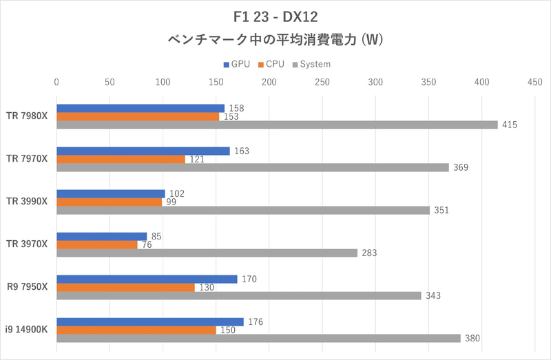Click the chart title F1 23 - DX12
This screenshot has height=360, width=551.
[275, 16]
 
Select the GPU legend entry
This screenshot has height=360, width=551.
[236, 64]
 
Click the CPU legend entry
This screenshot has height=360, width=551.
[271, 64]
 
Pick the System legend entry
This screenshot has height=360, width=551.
[311, 64]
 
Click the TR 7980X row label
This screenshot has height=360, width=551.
[27, 116]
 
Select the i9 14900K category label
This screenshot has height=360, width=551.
[28, 330]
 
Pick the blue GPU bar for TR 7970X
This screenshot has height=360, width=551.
[143, 151]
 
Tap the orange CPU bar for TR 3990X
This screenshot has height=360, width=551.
[109, 202]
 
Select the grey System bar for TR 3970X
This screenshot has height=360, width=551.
[207, 253]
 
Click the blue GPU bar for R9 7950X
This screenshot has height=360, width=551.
[147, 279]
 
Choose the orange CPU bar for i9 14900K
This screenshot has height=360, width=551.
[136, 330]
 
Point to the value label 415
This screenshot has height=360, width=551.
[510, 125]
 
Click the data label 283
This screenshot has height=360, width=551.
[370, 253]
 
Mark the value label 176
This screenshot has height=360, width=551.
[256, 321]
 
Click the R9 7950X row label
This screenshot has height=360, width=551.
[28, 287]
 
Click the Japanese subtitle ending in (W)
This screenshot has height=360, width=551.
[275, 39]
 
